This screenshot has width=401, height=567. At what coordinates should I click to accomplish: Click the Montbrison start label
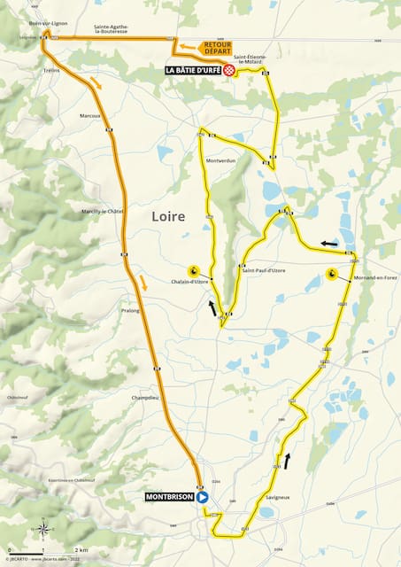click(169, 497)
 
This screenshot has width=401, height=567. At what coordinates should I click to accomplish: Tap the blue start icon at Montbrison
click(203, 497)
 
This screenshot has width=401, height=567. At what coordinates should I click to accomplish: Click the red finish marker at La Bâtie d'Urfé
click(228, 69)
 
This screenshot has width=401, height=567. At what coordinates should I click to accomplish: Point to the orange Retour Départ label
click(217, 48)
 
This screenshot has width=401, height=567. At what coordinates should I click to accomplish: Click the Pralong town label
click(130, 311)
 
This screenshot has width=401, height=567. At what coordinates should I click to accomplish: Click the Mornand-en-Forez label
click(374, 278)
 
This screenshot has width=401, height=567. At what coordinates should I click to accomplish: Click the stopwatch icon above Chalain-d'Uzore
click(192, 270)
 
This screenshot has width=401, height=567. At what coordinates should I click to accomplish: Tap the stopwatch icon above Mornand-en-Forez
click(331, 274)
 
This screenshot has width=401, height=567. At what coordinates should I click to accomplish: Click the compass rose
click(42, 531)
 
